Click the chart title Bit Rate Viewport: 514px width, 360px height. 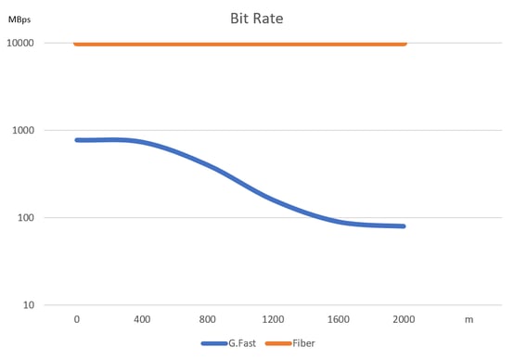point(257,18)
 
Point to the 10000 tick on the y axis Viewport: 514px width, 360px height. point(20,44)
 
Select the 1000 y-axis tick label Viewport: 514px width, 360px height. point(23,131)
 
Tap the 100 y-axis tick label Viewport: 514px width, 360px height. point(26,218)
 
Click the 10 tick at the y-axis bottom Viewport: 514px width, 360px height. point(29,305)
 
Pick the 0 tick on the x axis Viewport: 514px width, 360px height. point(77,319)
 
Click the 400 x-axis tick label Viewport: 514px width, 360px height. point(142,319)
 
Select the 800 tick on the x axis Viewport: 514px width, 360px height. point(208,319)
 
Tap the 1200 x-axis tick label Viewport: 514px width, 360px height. point(273,319)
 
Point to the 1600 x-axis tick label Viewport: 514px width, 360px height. point(339,319)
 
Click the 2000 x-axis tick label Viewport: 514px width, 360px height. point(404,319)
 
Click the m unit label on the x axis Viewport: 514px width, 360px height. point(469,319)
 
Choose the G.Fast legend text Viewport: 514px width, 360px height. point(241,344)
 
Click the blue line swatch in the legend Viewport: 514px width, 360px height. point(213,344)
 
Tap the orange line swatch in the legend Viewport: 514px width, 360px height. point(276,344)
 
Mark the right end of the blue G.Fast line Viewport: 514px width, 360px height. point(404,225)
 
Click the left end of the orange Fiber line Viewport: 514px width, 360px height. point(76,44)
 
